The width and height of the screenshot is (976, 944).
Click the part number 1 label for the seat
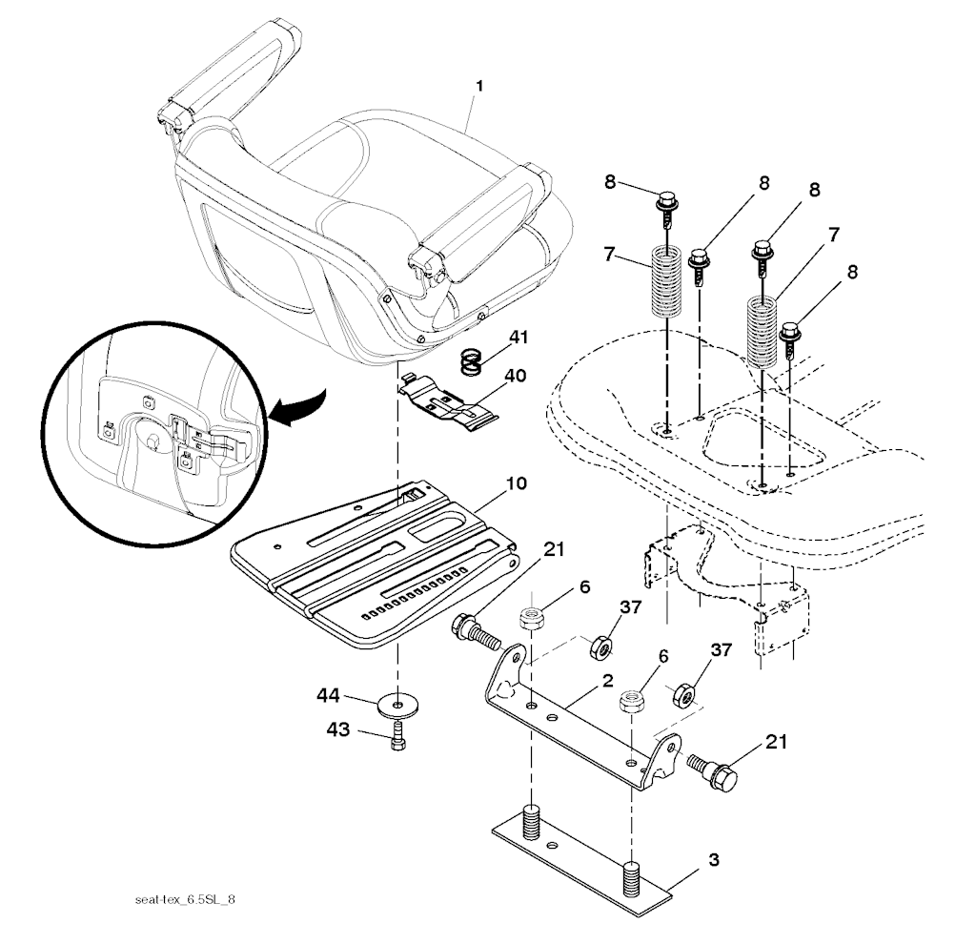click(x=478, y=86)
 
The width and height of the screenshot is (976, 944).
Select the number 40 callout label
click(x=515, y=376)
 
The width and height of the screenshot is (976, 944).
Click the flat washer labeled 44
click(x=397, y=705)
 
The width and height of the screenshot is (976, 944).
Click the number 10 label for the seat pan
click(x=516, y=483)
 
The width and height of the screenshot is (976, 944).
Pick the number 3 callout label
click(x=713, y=860)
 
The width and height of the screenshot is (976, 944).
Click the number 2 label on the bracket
click(x=607, y=680)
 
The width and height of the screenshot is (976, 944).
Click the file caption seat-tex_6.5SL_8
click(x=185, y=900)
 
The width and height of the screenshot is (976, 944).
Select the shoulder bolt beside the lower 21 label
click(x=712, y=769)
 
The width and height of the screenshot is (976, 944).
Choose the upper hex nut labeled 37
click(x=600, y=647)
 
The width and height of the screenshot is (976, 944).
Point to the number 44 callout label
click(x=328, y=695)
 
